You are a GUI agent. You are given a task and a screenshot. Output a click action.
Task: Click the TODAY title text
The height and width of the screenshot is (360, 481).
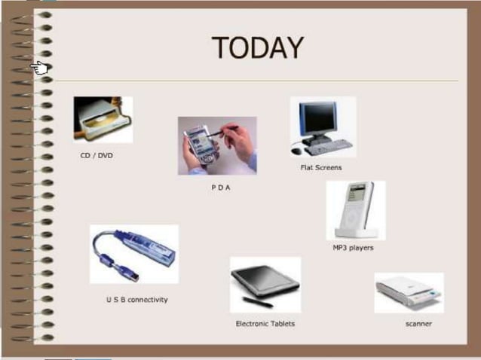pos(257,48)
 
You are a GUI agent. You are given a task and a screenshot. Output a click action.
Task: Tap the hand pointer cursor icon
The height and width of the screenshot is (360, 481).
pos(40,69)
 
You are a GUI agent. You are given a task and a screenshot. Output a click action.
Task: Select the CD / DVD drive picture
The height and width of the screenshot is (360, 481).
pos(103,120)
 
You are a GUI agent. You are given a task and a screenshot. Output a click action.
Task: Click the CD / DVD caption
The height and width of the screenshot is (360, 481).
pos(97,156)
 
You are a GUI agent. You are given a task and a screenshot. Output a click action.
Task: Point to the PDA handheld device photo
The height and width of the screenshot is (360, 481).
pos(217,145)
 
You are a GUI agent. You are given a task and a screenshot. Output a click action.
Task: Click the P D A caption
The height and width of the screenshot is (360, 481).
pos(220,188)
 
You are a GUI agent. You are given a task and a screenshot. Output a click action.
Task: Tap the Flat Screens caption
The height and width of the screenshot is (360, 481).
pos(321,167)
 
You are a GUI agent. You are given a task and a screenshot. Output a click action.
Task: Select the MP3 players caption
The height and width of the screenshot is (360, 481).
pos(353,247)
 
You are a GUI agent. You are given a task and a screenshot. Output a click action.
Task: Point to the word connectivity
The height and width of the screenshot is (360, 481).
pos(149,300)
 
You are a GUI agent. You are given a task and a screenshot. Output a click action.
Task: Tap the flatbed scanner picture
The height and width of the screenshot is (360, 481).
pos(409,292)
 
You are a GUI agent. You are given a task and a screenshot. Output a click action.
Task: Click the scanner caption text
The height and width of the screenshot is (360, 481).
pos(418,324)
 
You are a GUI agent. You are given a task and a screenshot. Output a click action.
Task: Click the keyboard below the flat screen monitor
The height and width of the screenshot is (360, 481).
pos(329,147)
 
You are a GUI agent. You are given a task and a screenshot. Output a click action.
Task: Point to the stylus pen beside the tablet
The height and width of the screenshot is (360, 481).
pos(257,302)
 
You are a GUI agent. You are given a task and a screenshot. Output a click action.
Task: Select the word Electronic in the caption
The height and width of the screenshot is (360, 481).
pos(253,324)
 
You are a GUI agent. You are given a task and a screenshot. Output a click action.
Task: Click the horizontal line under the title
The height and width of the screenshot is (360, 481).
pos(256,81)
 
